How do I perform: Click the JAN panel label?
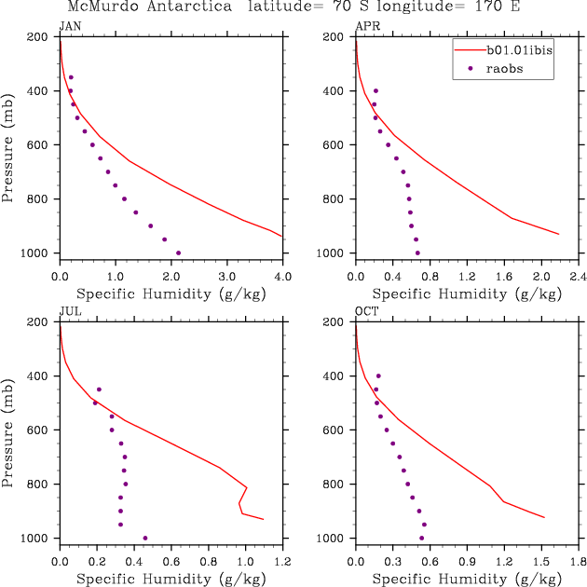(x=69, y=25)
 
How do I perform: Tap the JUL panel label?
(x=69, y=311)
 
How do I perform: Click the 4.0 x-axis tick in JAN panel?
(x=282, y=277)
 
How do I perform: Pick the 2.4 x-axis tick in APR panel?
(x=578, y=277)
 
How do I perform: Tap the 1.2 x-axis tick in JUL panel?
(x=282, y=562)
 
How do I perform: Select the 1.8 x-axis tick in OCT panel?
(x=578, y=562)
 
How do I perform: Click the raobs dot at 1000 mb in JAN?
(x=178, y=253)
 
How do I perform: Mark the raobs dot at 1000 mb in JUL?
(x=145, y=538)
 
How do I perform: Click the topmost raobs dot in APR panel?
(x=375, y=91)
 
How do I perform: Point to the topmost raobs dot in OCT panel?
(x=378, y=376)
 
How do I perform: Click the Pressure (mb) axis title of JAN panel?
(x=8, y=144)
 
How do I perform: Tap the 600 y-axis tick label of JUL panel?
(x=44, y=430)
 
